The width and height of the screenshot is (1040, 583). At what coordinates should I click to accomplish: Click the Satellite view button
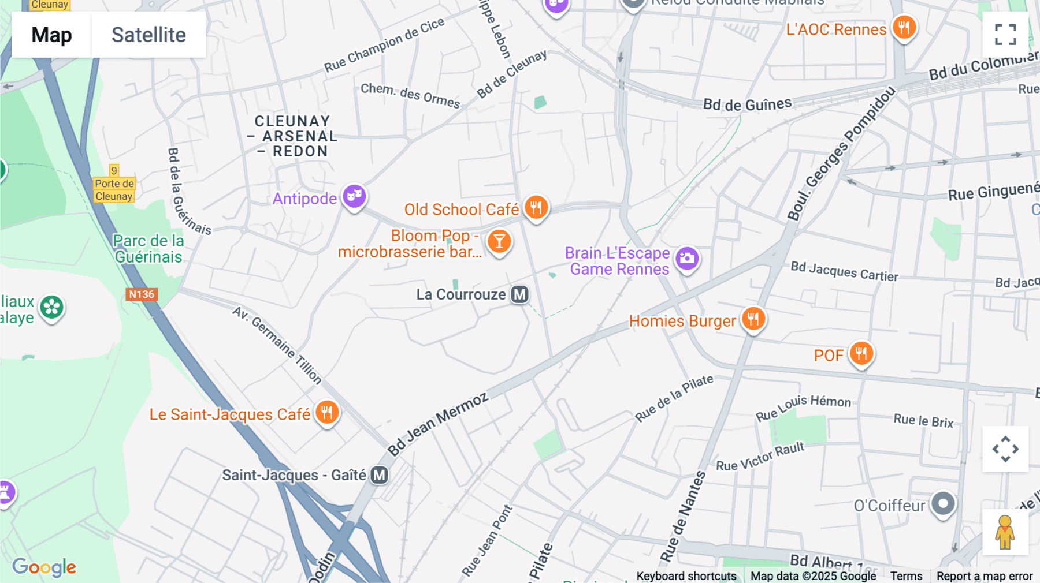(148, 35)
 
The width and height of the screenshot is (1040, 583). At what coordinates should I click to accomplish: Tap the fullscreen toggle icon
(1005, 35)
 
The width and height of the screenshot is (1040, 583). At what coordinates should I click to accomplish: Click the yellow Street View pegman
(1005, 532)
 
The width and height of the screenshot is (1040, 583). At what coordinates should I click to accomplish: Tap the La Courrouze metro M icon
(520, 294)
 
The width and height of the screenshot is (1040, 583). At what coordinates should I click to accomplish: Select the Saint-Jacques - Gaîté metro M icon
(379, 475)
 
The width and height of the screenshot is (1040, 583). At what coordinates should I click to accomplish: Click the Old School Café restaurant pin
(536, 207)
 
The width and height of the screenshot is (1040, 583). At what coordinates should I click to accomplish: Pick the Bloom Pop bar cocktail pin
(499, 241)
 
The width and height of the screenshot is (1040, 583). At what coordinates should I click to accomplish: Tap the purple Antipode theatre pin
(355, 196)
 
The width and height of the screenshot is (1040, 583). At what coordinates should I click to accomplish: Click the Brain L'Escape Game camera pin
(687, 258)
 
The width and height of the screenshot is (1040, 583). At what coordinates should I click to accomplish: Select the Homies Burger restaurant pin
(753, 319)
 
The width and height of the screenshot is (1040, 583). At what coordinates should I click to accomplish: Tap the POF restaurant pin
(861, 353)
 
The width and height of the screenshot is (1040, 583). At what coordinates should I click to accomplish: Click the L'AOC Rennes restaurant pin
(904, 27)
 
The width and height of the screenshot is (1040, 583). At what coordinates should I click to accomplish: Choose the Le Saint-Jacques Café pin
(327, 412)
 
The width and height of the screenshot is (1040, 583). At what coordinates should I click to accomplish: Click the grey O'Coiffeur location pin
(943, 503)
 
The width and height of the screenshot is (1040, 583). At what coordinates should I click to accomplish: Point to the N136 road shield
(142, 294)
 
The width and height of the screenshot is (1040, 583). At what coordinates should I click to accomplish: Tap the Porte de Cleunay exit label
(114, 189)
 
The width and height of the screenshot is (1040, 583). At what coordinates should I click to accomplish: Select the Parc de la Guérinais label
(148, 249)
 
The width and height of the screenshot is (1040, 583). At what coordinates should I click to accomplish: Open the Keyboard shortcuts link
(686, 575)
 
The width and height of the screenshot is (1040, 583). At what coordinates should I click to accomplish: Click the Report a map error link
(984, 575)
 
